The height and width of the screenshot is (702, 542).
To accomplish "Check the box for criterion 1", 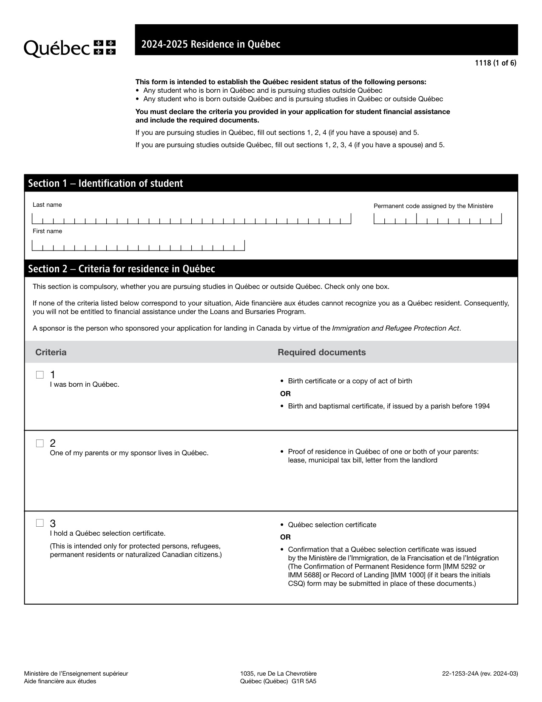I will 40,375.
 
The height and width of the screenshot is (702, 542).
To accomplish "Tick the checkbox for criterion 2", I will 40,443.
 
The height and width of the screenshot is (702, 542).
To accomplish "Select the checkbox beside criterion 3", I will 40,523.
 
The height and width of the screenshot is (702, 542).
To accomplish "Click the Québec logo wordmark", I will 57,48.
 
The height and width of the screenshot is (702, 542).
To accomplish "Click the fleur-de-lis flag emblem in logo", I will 105,47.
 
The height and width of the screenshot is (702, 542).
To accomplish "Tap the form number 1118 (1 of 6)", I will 495,63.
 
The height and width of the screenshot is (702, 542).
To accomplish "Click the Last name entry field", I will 191,220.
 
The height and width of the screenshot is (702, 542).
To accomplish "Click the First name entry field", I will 138,246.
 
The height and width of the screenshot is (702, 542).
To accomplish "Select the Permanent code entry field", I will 437,220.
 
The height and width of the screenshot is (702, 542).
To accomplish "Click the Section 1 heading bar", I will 271,183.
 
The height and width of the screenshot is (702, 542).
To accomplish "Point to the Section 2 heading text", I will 122,269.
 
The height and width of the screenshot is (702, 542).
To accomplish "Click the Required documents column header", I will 322,352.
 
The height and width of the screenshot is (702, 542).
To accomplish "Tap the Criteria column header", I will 51,352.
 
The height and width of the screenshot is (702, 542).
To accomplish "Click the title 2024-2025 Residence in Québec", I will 211,44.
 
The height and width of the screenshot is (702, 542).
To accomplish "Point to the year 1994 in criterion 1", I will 482,406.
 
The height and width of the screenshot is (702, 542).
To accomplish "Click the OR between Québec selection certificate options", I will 285,537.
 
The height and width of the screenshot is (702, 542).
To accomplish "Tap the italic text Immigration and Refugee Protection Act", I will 395,328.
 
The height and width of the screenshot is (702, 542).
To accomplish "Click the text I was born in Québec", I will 85,385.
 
